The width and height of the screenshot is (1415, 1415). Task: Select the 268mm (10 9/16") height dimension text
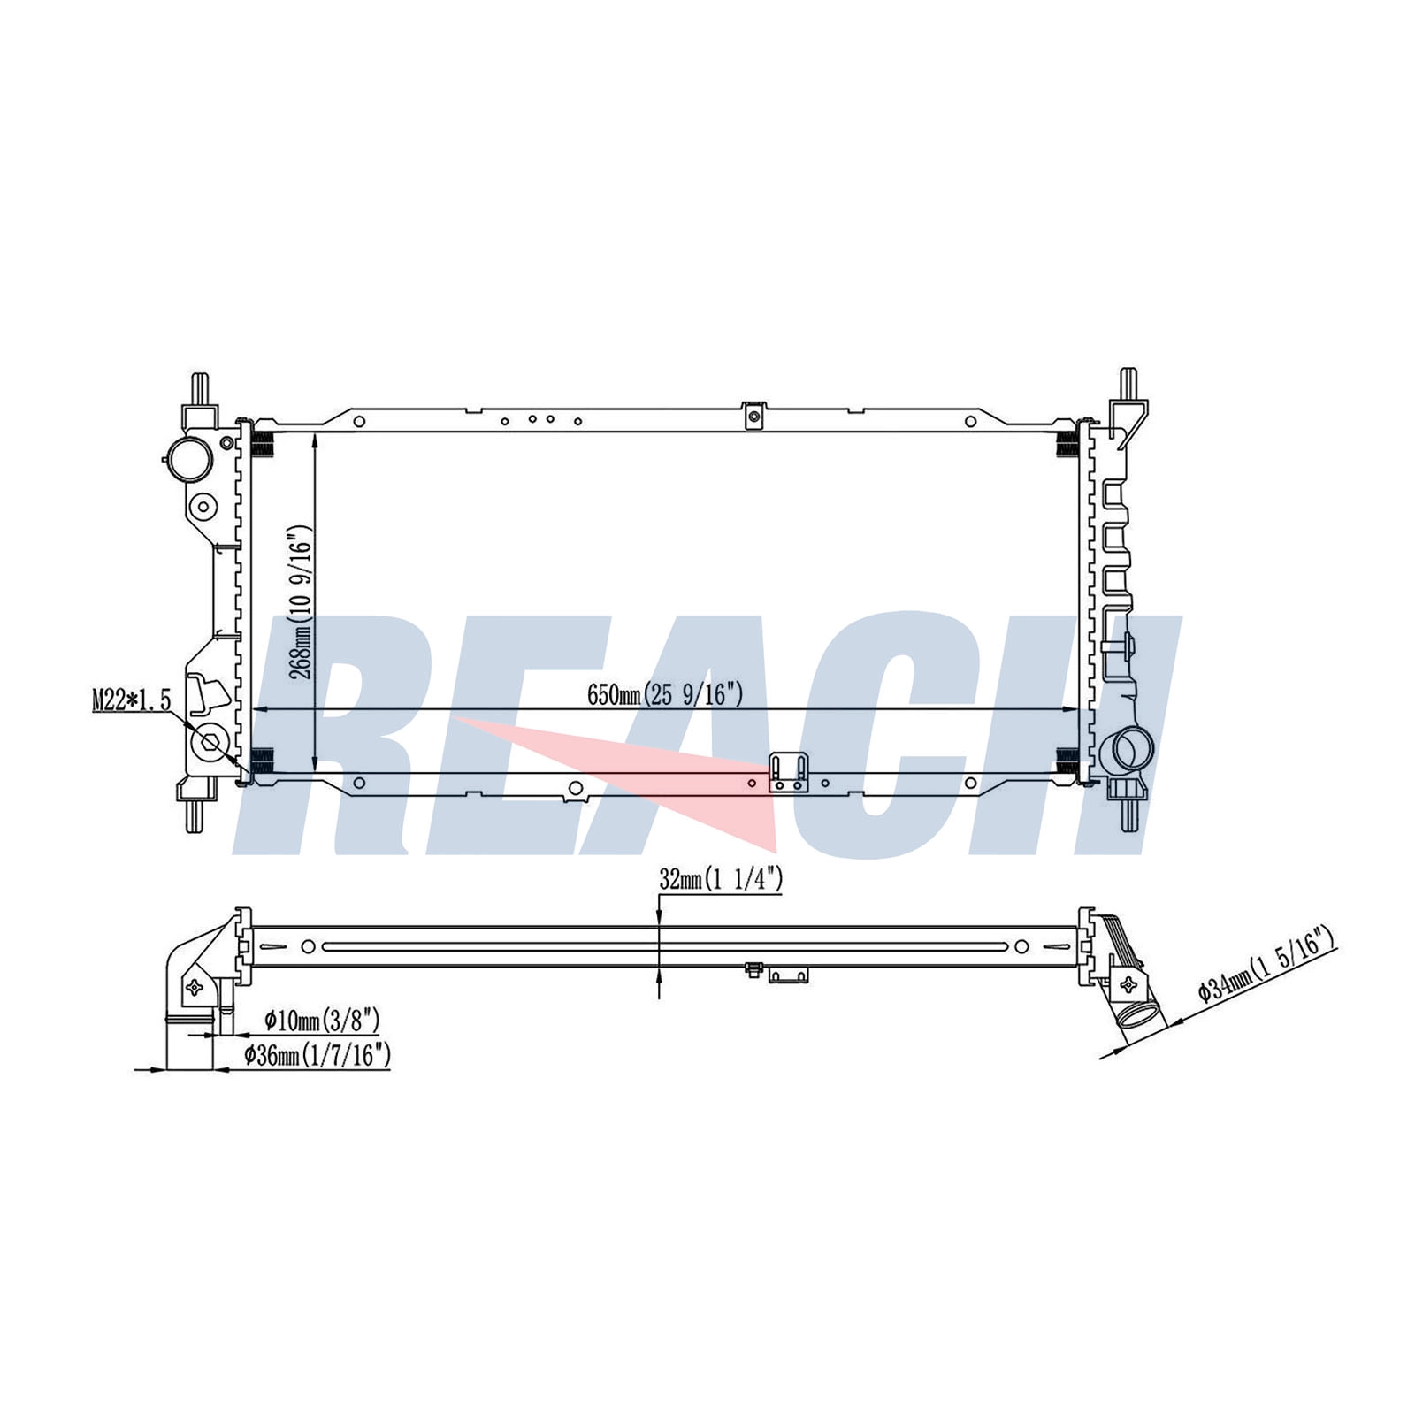point(301,602)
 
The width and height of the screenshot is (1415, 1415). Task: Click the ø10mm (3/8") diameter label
point(322,1021)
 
